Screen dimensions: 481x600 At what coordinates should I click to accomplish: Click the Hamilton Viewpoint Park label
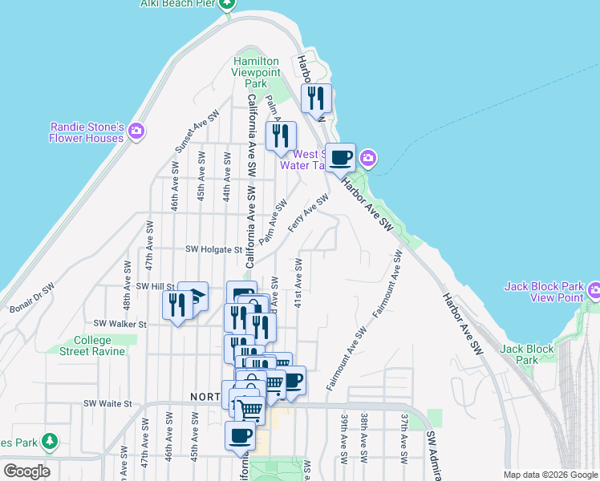coord(255,72)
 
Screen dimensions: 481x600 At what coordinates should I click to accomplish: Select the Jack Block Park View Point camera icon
coord(594,289)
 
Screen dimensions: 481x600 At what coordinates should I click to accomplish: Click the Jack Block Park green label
coord(527,354)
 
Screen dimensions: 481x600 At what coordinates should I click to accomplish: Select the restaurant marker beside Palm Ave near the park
coord(281,136)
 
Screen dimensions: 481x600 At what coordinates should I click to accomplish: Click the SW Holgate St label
coord(213,249)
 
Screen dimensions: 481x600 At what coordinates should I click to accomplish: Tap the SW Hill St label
coord(155,286)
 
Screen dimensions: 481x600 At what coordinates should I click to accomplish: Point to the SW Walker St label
coord(120,324)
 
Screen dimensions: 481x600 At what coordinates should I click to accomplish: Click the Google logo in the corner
coord(26,471)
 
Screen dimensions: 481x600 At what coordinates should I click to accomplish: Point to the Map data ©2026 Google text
coord(550,475)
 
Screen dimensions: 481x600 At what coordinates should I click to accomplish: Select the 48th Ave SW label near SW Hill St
coord(127,296)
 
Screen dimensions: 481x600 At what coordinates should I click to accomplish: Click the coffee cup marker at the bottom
coord(241,435)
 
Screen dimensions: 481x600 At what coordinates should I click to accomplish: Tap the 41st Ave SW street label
coord(298,283)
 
